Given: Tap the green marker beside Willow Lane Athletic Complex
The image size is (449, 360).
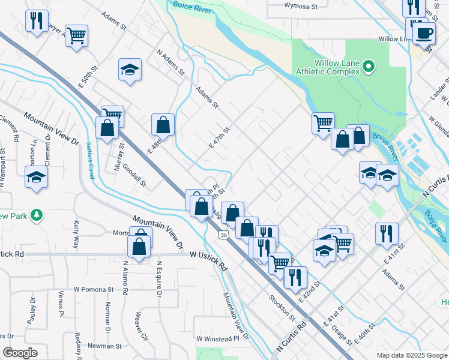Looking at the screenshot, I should point(369,66).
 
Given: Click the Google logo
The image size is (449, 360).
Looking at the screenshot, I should point(20,353).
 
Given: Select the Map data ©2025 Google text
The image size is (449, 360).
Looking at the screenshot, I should point(411,355).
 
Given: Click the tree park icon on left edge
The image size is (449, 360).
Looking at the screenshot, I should point(37,214).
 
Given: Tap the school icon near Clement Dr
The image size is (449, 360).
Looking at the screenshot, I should point(37,178).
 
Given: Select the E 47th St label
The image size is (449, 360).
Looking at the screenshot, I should point(220,137).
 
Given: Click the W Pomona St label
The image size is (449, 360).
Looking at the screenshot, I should point(94,289).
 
